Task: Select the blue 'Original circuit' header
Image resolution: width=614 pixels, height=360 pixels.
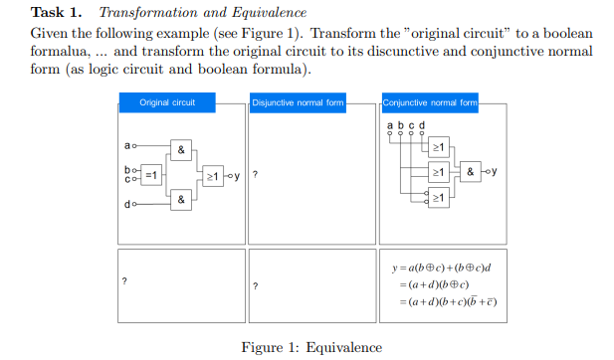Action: (x=167, y=102)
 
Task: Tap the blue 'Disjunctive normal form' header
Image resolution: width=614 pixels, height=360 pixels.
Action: (x=298, y=102)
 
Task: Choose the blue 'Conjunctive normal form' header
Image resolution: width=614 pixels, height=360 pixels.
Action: (x=430, y=102)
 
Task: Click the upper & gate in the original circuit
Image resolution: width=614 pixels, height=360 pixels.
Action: (x=180, y=150)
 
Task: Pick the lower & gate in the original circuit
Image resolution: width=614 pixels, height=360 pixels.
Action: (x=180, y=200)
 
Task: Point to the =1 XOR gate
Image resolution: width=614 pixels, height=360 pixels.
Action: (x=151, y=175)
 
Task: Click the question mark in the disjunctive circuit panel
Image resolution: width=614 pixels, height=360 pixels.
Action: (x=256, y=176)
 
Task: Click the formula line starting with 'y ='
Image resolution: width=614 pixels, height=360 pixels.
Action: (x=443, y=268)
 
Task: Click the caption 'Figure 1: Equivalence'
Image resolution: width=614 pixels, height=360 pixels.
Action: (x=311, y=347)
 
